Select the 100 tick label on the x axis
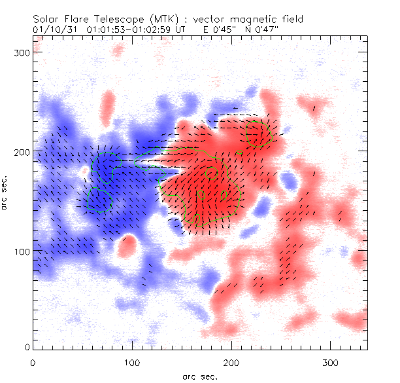coord(132,362)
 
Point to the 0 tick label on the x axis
coord(33,362)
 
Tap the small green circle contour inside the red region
coord(211,173)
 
